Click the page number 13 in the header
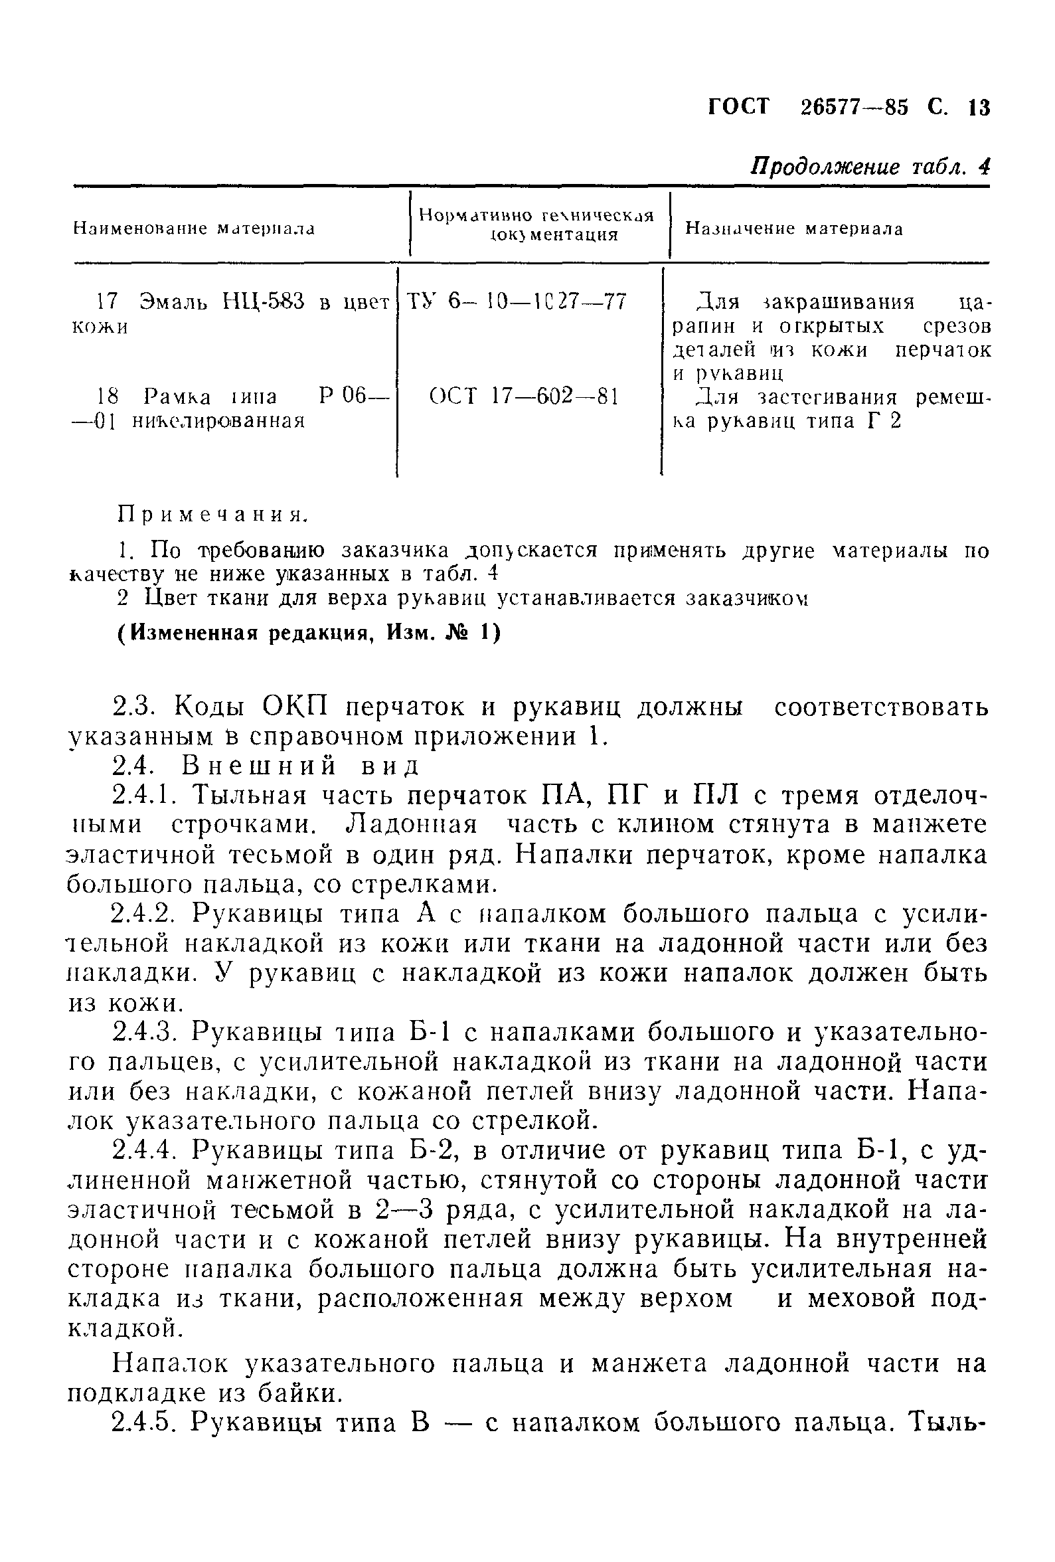coord(979,108)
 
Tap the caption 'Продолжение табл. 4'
coord(870,167)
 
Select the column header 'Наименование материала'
coord(193,228)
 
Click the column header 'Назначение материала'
coord(793,228)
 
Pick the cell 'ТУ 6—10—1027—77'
coord(517,301)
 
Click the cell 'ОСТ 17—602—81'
coord(523,396)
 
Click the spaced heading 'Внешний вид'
coord(300,766)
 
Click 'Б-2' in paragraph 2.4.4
coord(435,1151)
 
